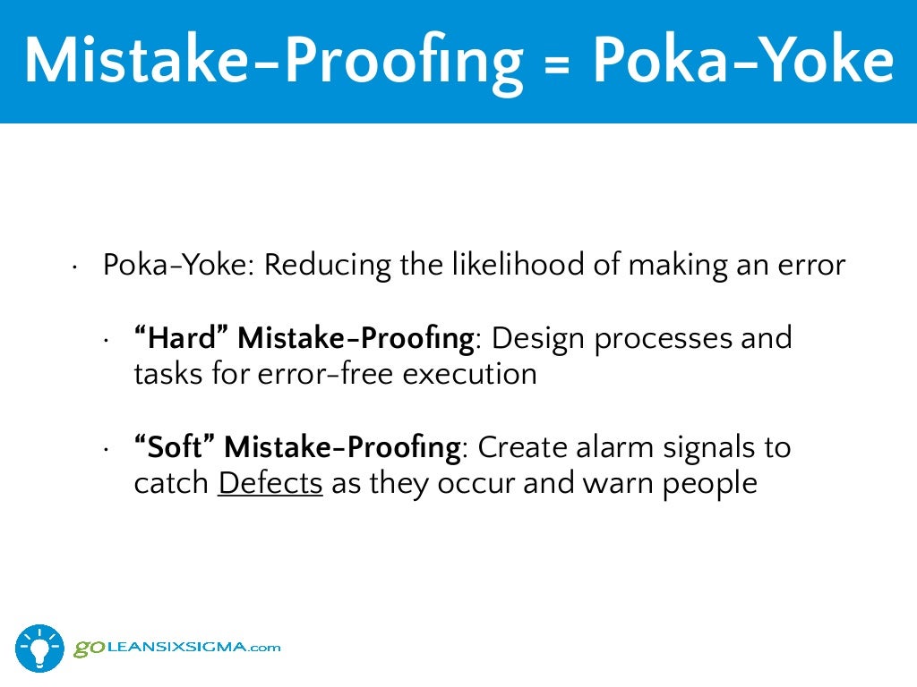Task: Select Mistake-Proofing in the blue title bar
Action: click(x=273, y=60)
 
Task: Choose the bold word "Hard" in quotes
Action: click(x=180, y=338)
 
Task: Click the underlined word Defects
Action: click(x=270, y=483)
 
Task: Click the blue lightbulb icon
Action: click(x=39, y=647)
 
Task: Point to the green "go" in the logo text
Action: click(x=87, y=646)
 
